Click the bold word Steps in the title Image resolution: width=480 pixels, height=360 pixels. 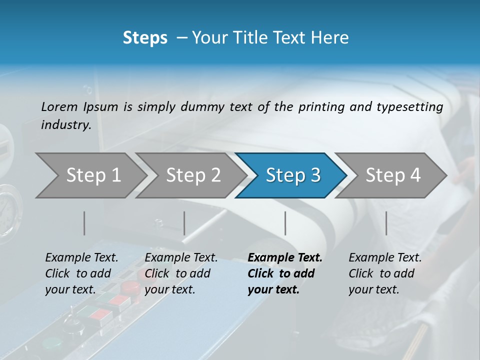[145, 38]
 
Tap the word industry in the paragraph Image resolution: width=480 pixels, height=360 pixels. [65, 125]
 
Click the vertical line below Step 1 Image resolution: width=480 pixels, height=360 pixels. [84, 223]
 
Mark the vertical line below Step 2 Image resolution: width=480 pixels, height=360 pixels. [184, 223]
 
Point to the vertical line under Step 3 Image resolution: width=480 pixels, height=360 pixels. [285, 223]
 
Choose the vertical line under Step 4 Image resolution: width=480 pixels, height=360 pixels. [386, 223]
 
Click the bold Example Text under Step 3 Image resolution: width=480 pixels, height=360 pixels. [285, 258]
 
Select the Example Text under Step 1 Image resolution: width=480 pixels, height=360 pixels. [81, 258]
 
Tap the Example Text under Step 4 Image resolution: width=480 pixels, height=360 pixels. [385, 258]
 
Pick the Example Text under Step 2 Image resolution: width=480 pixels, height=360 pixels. [181, 258]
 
